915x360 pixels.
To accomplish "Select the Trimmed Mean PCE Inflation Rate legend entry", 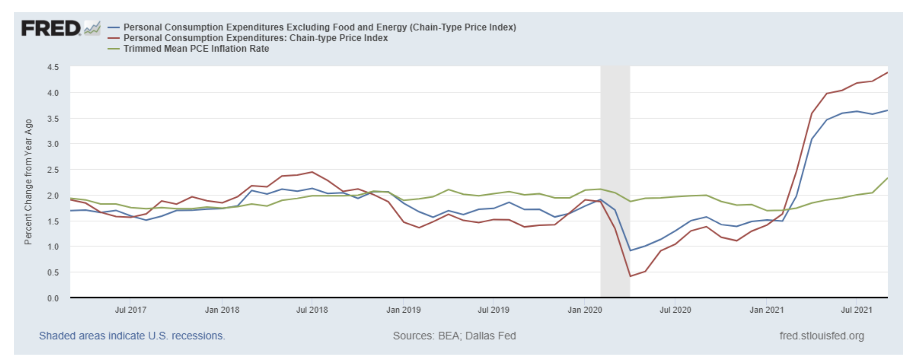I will point(196,49).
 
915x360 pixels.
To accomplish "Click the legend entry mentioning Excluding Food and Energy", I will point(319,27).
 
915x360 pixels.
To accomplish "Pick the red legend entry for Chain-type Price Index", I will point(255,38).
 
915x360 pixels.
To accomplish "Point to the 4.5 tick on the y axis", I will point(53,67).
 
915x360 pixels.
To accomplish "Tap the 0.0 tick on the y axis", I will point(53,298).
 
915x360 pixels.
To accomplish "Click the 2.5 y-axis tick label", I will point(53,170).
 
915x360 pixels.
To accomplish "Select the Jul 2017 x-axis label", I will point(130,310).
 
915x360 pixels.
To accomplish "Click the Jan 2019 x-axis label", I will point(403,310).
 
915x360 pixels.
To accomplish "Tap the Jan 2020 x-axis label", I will point(584,310).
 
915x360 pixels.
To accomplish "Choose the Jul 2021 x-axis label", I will point(856,310).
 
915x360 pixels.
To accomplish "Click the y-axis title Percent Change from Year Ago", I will point(28,182).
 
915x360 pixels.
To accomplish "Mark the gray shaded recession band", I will point(615,181).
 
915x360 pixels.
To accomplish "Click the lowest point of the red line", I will point(630,276).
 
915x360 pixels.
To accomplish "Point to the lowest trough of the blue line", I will point(630,251).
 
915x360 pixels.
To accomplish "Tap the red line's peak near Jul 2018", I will point(312,172).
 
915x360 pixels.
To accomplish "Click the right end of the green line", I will point(887,178).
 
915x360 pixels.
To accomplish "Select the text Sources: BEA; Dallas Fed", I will point(454,336).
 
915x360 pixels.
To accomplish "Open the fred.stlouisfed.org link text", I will point(821,336).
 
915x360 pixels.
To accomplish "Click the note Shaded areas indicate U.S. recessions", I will point(132,336).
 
